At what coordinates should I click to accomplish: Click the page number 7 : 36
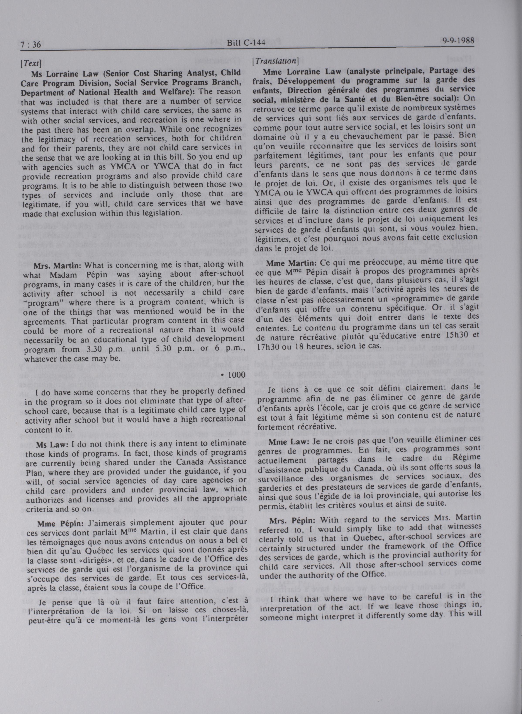pyautogui.click(x=31, y=45)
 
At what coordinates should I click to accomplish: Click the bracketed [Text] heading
pyautogui.click(x=31, y=63)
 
